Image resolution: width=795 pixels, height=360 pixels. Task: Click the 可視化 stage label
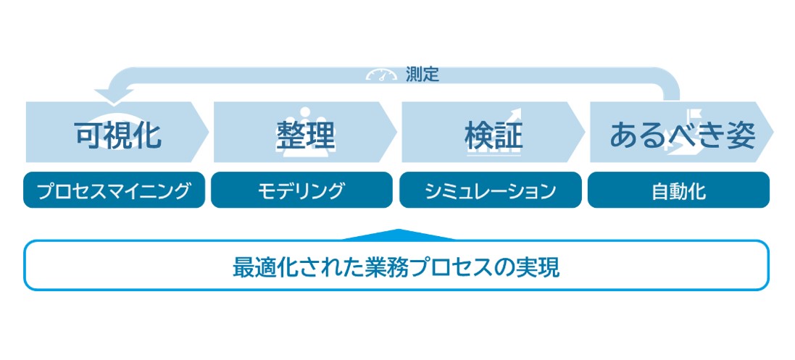[x=118, y=135]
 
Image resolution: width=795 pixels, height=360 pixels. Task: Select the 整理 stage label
[x=306, y=135]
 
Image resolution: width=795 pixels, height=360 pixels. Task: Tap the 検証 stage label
[x=494, y=135]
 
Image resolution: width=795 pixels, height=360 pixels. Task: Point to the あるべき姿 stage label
[x=683, y=135]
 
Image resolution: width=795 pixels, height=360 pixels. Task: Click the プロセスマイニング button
[x=114, y=190]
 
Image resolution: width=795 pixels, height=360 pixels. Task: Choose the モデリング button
[x=301, y=190]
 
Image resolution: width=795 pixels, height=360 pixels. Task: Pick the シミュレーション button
[x=491, y=190]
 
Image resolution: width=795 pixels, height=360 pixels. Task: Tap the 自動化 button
[x=678, y=190]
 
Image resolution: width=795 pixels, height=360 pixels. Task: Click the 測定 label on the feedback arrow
[x=423, y=75]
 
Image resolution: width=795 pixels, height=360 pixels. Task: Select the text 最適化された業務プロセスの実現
[x=396, y=267]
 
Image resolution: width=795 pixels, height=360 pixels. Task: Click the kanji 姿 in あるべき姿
[x=741, y=135]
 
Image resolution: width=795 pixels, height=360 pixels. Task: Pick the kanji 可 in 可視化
[x=89, y=135]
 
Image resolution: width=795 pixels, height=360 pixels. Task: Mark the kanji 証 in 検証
[x=509, y=135]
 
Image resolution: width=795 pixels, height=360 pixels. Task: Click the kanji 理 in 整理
[x=321, y=135]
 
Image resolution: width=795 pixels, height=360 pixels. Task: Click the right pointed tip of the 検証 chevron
[x=585, y=132]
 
